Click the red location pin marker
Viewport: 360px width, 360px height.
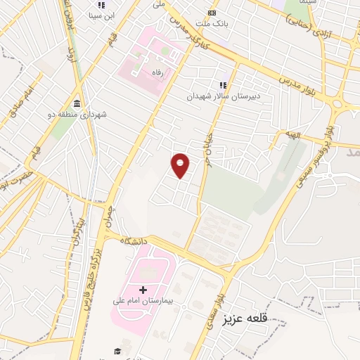point(181,165)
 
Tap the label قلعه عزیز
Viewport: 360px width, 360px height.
point(246,319)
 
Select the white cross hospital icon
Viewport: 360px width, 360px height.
point(143,289)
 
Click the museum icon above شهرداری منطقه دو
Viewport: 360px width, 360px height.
point(76,101)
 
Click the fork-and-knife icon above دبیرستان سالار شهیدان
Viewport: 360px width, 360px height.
point(223,85)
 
